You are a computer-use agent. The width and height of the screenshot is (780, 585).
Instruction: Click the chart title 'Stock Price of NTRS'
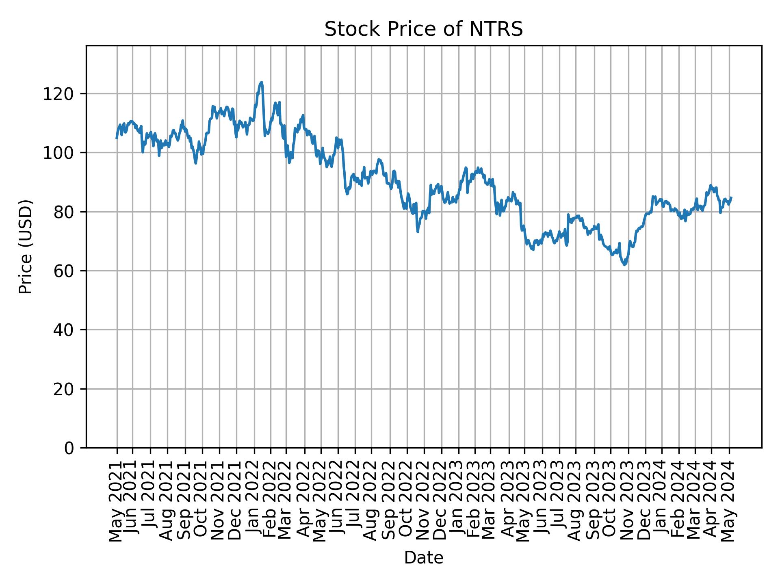pos(423,30)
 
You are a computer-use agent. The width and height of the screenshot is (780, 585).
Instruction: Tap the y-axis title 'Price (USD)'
pos(26,247)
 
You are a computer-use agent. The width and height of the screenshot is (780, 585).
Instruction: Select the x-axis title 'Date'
pos(423,558)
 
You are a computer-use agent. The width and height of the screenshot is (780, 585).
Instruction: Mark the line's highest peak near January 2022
pos(261,82)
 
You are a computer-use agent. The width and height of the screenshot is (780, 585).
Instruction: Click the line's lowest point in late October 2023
pos(625,265)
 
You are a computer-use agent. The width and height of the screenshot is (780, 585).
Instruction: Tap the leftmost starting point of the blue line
pos(117,138)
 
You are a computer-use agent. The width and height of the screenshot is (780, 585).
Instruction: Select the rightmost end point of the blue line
pos(731,198)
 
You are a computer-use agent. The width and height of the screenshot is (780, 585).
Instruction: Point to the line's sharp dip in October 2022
pos(418,232)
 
